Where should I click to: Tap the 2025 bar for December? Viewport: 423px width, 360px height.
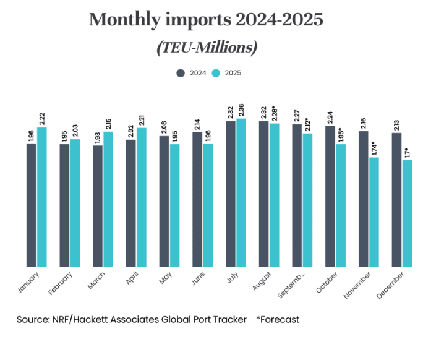point(407,213)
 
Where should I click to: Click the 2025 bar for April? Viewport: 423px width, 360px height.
point(142,197)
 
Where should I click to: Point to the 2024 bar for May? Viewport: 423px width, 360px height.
point(164,202)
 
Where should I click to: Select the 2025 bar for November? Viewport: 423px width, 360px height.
point(374,212)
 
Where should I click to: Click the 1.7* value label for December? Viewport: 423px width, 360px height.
point(407,153)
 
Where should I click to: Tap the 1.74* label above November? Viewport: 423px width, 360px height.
point(374,150)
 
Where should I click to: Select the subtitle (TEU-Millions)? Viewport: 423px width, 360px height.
point(207,47)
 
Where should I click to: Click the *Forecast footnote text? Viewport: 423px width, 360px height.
point(278,320)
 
